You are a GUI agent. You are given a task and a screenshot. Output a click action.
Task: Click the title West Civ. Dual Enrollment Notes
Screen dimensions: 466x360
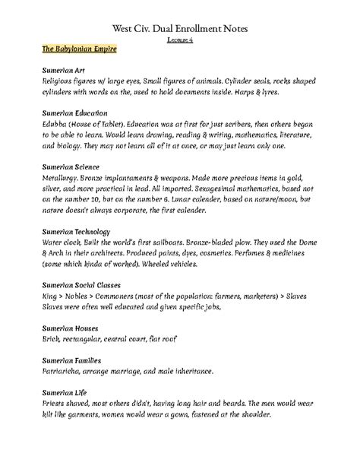[180, 28]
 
